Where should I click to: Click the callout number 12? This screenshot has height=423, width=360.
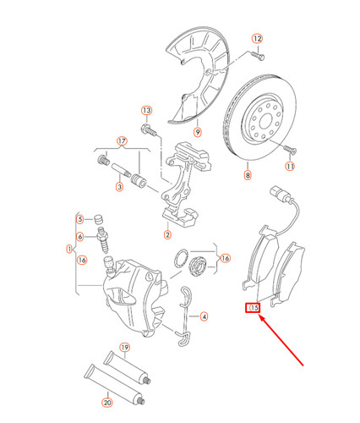[257, 39]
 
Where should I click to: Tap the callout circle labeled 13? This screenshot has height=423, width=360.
[146, 111]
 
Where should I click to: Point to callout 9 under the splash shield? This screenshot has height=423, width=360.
[196, 131]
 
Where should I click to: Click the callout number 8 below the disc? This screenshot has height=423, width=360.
[248, 176]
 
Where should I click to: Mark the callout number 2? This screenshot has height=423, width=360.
[167, 234]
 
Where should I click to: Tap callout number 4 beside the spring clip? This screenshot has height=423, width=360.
[204, 316]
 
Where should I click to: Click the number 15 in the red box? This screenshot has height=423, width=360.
[253, 308]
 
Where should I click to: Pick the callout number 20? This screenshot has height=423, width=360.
[106, 403]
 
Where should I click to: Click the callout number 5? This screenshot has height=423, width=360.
[80, 218]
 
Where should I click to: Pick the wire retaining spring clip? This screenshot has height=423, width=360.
[187, 316]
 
